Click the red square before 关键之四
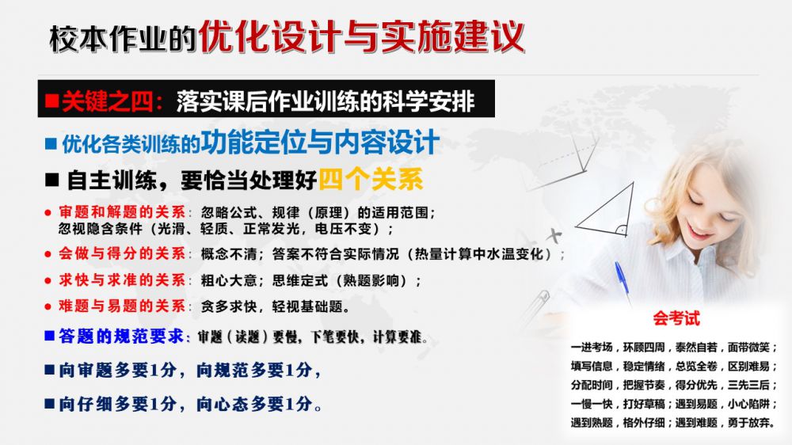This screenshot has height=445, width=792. pos(51,101)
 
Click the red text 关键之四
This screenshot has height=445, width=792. pos(107,101)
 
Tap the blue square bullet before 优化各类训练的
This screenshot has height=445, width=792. pos(51,144)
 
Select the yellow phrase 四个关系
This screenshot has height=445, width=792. pos(371,179)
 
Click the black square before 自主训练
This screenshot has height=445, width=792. pos(52,180)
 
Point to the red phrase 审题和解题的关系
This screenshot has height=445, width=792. pos(122,212)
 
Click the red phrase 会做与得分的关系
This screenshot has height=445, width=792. pos(122,253)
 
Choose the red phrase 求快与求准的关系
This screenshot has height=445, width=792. pos(122,280)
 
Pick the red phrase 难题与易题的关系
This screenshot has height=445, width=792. pos(122,306)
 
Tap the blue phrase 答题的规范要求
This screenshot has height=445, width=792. pos(121,336)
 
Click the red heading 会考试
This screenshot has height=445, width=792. pos(676,318)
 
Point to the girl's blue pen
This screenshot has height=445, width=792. pos(623,281)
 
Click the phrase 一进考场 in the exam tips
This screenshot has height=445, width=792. pos(592,348)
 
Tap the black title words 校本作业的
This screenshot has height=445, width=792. pos(123,38)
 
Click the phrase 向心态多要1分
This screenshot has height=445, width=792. pos(254,404)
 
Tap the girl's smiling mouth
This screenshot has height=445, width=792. pos(699,233)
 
